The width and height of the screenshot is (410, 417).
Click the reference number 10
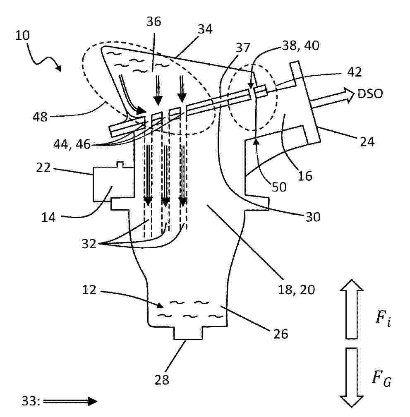[23, 35]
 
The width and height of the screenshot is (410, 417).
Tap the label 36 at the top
[153, 21]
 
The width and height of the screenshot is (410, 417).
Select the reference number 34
[205, 29]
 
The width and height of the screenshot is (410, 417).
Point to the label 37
[243, 48]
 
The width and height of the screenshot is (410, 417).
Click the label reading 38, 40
[301, 46]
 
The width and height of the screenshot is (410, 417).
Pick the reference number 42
[355, 72]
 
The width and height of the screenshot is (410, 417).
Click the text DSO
[370, 93]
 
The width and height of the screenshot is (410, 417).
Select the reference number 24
[367, 141]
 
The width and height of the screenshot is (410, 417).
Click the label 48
[40, 117]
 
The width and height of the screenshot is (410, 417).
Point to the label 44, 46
[72, 144]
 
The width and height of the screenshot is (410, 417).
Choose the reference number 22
[43, 168]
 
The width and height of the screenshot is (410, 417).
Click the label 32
[89, 244]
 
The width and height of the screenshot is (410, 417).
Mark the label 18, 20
[296, 289]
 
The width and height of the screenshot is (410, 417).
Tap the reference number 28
[162, 380]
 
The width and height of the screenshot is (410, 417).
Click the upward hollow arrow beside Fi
[352, 309]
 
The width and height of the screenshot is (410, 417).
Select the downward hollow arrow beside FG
[352, 377]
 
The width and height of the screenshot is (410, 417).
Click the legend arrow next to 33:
[70, 401]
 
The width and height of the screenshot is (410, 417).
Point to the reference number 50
[279, 187]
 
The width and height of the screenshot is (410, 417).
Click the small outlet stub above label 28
[188, 333]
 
